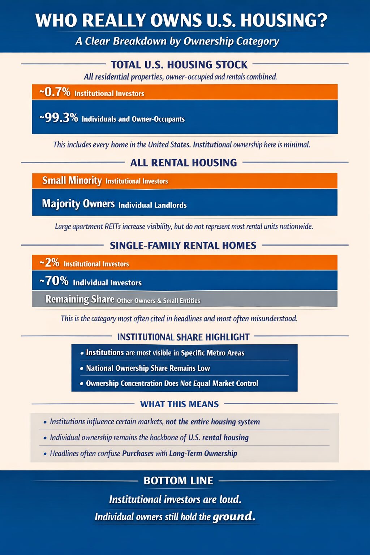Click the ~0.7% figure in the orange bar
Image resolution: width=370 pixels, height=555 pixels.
click(55, 92)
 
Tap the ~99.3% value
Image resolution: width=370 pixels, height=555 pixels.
click(59, 118)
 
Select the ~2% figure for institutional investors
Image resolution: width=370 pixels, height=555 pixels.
click(50, 263)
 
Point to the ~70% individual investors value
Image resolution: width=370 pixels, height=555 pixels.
click(54, 281)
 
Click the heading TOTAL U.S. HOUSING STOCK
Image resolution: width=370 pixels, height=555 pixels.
click(179, 65)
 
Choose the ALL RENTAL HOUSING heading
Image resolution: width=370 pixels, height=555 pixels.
click(183, 163)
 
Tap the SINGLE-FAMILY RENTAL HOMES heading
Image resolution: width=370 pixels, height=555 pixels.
click(183, 245)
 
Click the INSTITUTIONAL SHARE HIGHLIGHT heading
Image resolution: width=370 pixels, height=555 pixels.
click(183, 337)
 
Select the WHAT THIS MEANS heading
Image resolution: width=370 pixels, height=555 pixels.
click(179, 404)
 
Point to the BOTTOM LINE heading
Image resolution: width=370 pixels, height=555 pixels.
click(178, 481)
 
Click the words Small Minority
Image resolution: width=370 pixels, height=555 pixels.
click(72, 180)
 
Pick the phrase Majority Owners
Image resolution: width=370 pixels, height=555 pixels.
click(78, 203)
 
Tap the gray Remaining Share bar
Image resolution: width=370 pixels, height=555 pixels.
click(184, 299)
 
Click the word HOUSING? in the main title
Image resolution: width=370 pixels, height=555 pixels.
click(284, 20)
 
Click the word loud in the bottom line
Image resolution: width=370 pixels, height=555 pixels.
click(230, 499)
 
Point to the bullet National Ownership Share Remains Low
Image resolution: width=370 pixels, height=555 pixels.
click(148, 368)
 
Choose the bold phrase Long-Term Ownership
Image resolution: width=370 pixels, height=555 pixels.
click(203, 453)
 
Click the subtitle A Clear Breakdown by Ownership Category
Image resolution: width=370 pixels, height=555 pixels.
click(177, 41)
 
